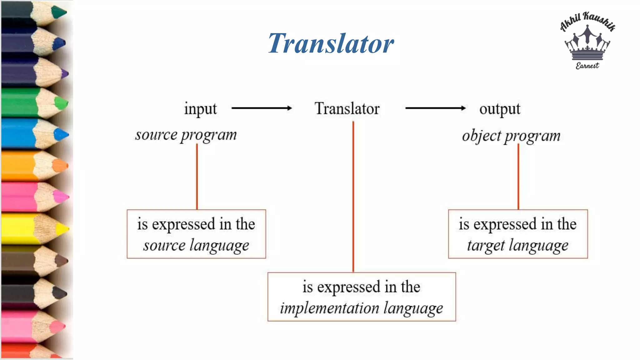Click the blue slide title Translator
click(331, 43)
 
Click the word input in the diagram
click(200, 109)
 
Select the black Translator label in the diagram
click(347, 108)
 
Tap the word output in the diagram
click(500, 109)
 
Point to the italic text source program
click(186, 135)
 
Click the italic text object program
click(511, 136)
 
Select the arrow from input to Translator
click(262, 108)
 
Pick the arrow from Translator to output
click(435, 108)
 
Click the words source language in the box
click(196, 245)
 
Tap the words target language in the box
click(518, 245)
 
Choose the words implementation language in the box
click(362, 308)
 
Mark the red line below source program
click(197, 177)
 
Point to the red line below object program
click(518, 177)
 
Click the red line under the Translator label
click(353, 197)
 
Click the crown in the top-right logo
click(587, 44)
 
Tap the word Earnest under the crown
click(587, 66)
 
